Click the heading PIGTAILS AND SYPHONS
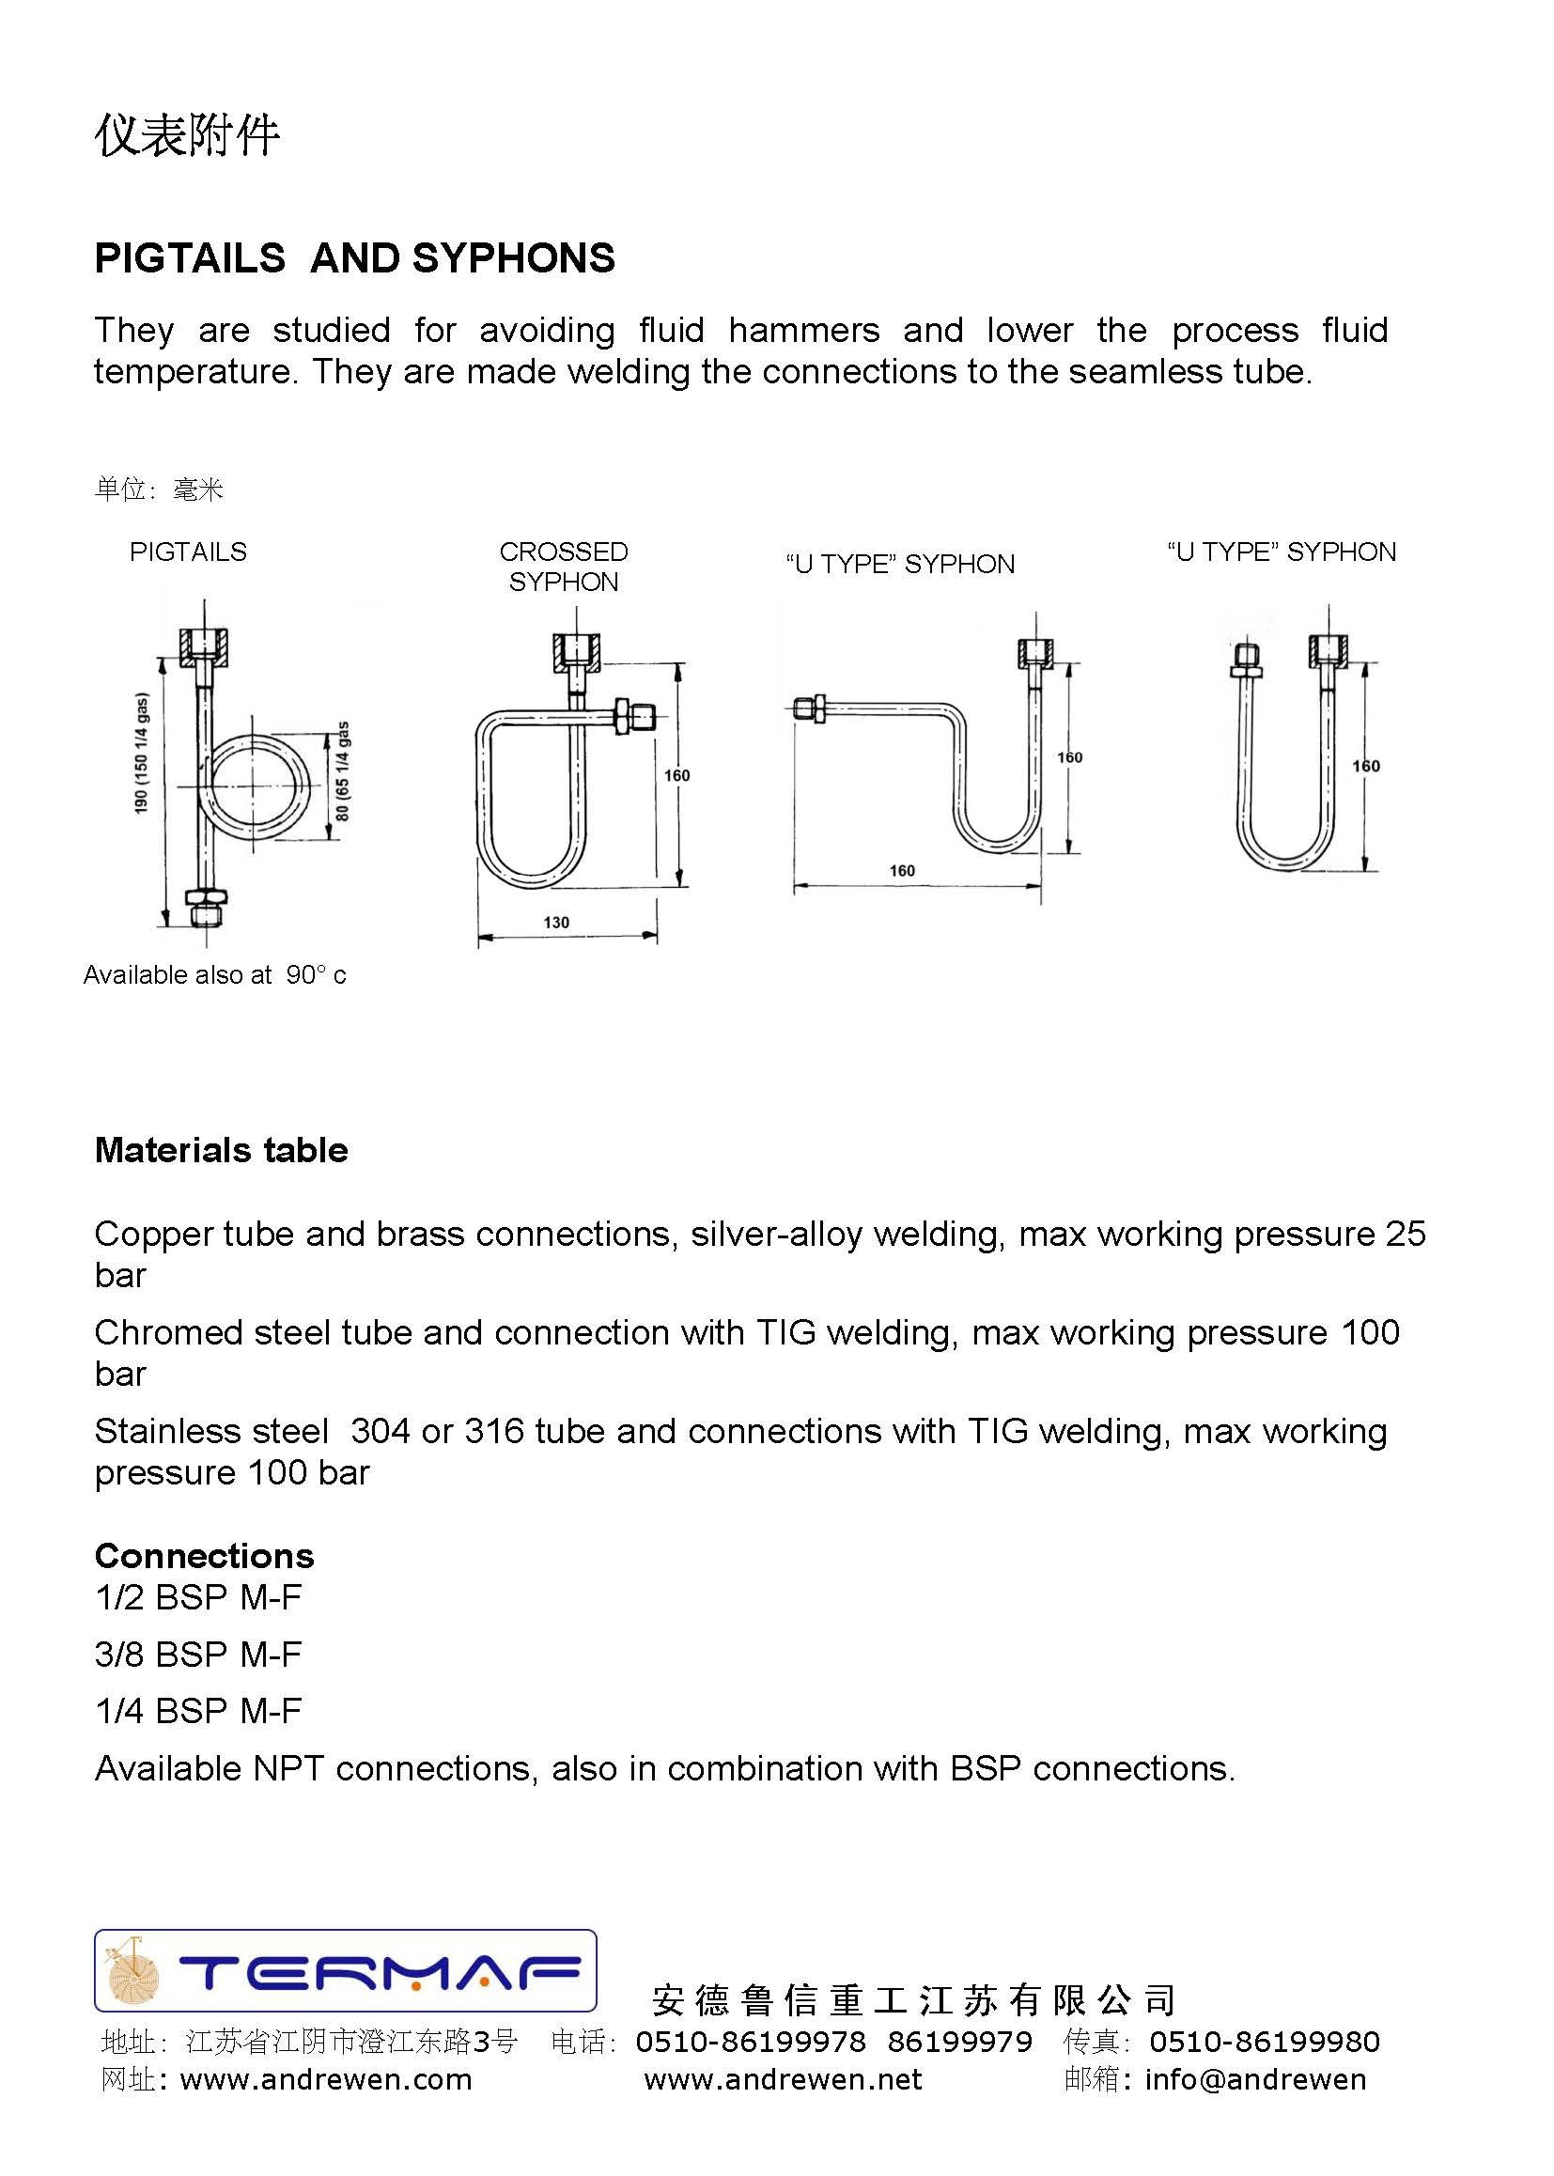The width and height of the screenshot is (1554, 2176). coord(354,258)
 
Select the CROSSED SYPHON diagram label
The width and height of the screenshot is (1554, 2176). coord(564,567)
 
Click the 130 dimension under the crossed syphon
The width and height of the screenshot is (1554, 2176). coord(556,923)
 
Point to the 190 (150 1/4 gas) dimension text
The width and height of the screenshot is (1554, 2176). coord(142,754)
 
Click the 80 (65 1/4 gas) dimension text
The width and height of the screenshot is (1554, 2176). coord(344,770)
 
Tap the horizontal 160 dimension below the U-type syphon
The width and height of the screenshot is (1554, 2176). coord(901,871)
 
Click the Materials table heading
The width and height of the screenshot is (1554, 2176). coord(221,1150)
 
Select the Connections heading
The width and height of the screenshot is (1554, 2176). coord(204,1556)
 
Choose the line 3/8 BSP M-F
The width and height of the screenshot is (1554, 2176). coord(198,1654)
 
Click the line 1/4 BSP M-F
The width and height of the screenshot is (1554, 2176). coord(198,1710)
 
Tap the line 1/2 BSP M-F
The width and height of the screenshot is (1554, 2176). coord(198,1597)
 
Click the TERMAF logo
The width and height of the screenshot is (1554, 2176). coord(346,1970)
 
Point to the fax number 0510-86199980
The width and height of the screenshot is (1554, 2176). coord(1264,2042)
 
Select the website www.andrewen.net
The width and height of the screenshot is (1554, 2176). coord(783,2079)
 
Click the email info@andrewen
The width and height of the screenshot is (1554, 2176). coord(1255,2079)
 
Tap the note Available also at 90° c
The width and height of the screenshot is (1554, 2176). coord(214,975)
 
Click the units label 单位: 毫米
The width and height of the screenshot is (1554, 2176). coord(159,490)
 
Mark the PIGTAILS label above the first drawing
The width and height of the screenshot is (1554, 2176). coord(188,552)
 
